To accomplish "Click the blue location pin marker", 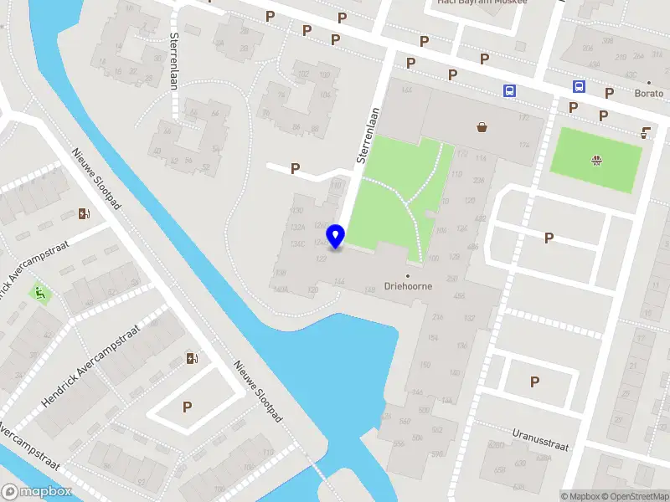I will click(337, 237).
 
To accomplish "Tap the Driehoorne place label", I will click(409, 284).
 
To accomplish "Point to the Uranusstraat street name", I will click(539, 440).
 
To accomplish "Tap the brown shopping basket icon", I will click(482, 127).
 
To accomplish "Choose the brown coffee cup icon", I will click(646, 131).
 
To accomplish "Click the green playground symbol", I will click(39, 293).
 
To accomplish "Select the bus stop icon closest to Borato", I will click(578, 87).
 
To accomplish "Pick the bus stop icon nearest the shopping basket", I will click(508, 91).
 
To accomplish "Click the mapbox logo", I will click(37, 492).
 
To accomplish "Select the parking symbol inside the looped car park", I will click(188, 407).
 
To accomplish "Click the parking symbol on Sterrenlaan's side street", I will click(295, 168).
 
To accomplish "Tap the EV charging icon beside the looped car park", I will click(193, 359).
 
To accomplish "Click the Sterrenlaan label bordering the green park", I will click(368, 134).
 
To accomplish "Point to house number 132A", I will click(296, 227).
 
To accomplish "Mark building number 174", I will click(524, 146).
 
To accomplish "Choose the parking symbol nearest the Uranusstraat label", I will click(534, 382).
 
